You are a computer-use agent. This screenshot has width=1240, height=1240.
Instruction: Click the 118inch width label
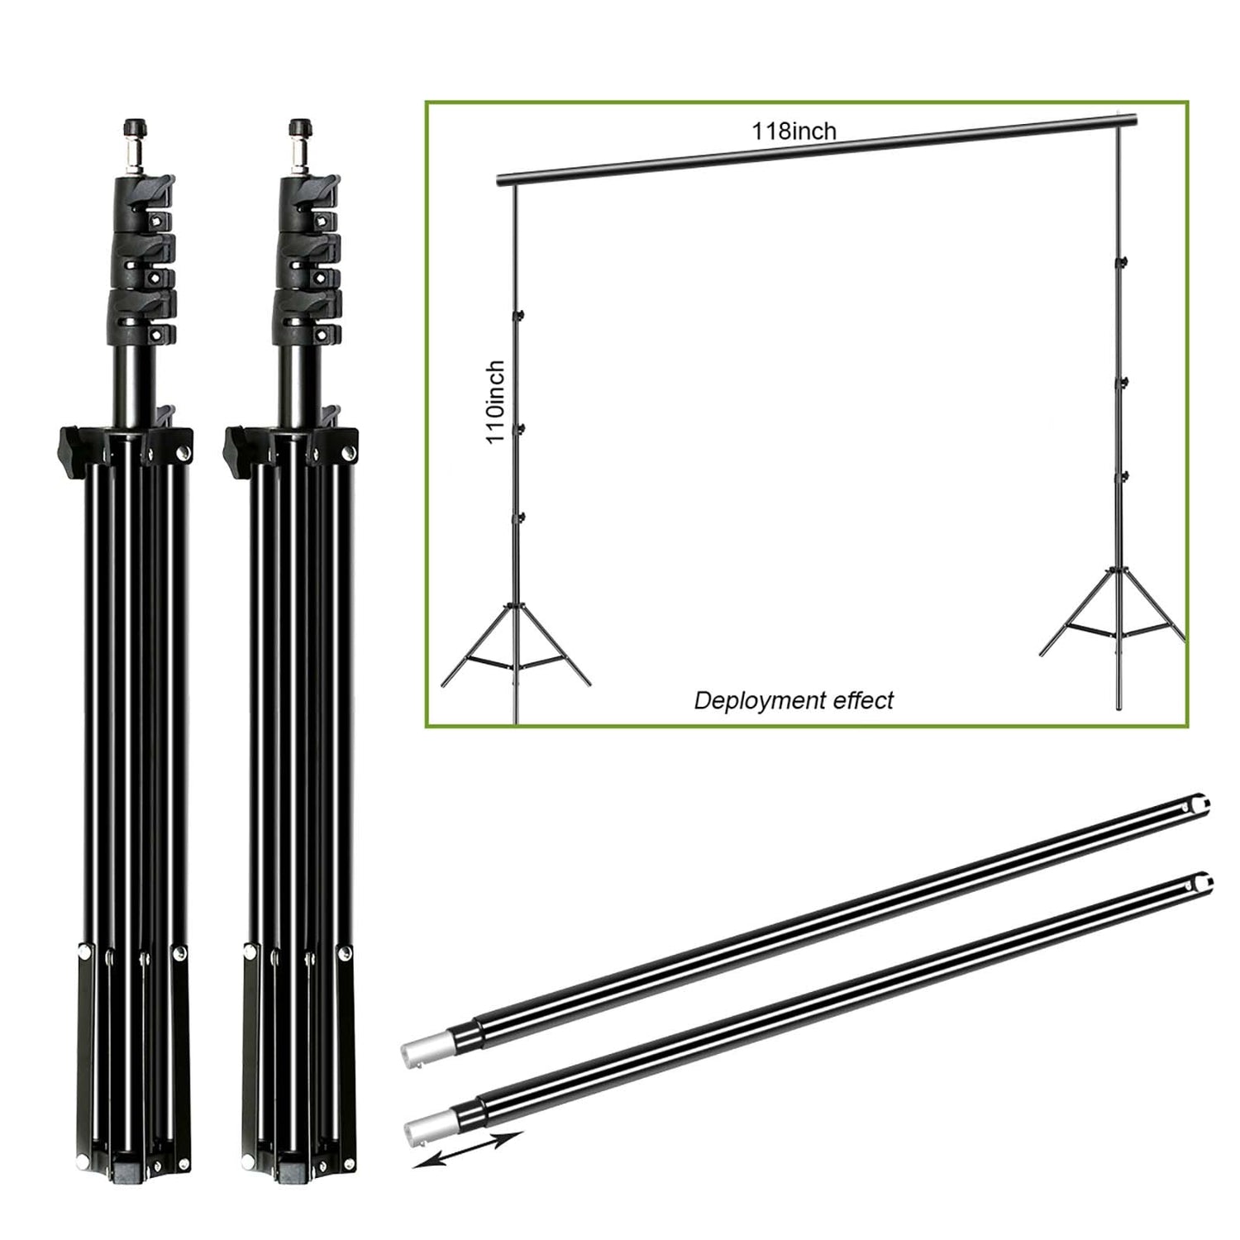pos(794,131)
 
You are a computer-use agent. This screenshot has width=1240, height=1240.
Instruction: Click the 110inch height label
pos(495,402)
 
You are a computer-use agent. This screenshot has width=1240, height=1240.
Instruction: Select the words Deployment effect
pos(794,701)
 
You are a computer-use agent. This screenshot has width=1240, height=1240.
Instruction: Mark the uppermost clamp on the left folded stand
pos(145,198)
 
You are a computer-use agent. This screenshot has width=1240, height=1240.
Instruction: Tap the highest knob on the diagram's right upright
pos(1123,262)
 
